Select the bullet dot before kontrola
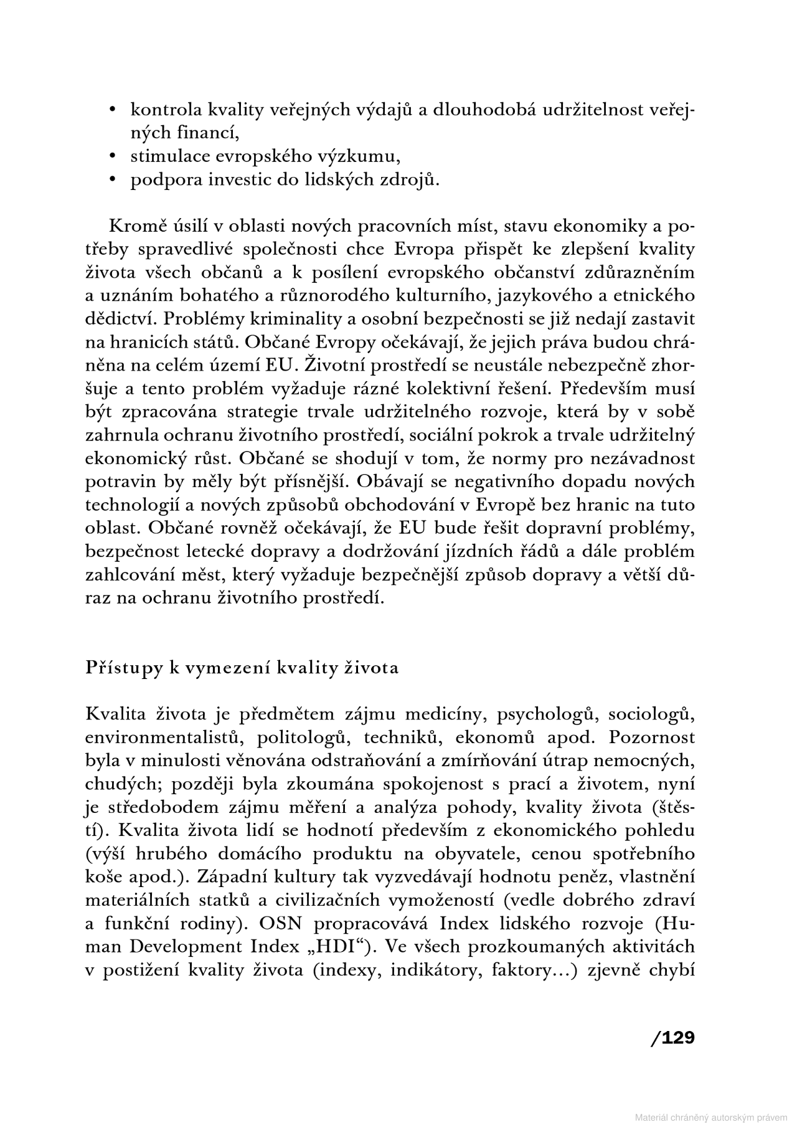[113, 110]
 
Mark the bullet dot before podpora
[113, 180]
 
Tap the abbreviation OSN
[268, 924]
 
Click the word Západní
[225, 877]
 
